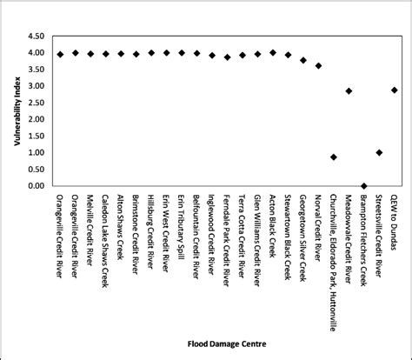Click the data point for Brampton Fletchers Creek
coord(364,186)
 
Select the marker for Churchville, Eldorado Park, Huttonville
coord(334,157)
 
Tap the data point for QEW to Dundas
coord(395,90)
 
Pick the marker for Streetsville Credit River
coord(379,153)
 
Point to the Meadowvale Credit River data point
coord(349,90)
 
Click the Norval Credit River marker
coord(318,65)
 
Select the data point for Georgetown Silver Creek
coord(303,60)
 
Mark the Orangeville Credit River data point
coord(60,54)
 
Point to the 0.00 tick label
coord(35,186)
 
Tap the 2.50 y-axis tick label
coord(35,103)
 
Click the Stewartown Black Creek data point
coord(288,55)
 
